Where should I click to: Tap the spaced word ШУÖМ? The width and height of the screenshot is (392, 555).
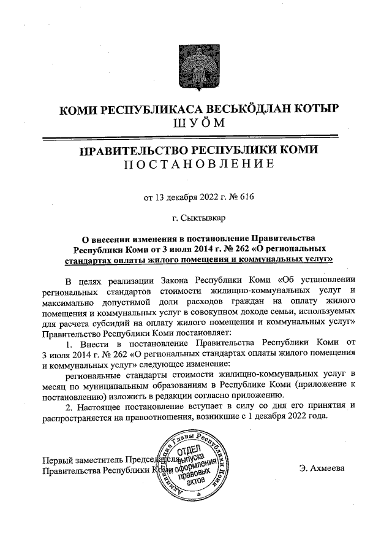[196, 123]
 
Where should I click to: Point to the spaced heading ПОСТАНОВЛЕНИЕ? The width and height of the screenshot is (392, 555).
[196, 164]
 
